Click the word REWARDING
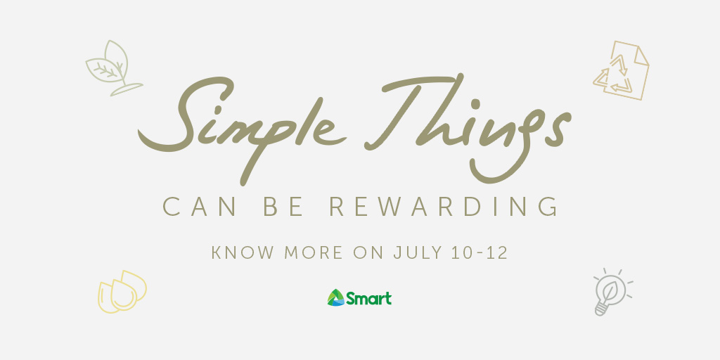click(x=444, y=207)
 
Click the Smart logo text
click(x=369, y=298)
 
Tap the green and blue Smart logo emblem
click(x=335, y=297)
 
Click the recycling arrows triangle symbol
click(x=614, y=77)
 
